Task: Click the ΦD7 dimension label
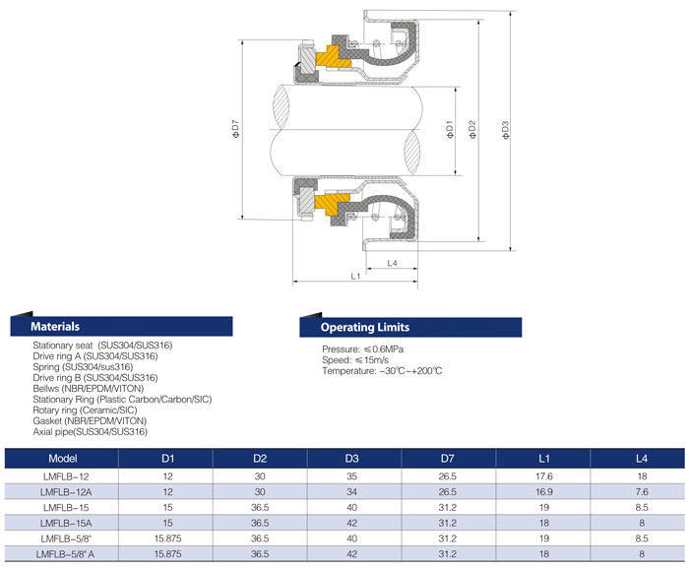(236, 129)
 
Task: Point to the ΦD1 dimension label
(449, 130)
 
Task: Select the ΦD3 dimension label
(505, 130)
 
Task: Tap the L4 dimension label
(392, 263)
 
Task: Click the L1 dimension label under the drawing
(355, 276)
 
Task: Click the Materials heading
(55, 327)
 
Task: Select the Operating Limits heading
(365, 328)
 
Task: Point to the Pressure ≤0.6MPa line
(362, 349)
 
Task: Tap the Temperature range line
(382, 371)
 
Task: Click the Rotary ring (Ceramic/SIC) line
(85, 411)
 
